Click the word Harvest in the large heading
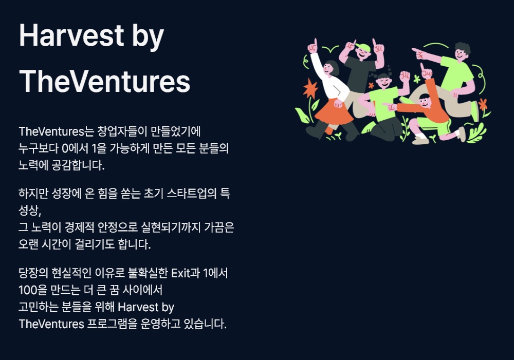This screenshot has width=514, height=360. click(x=71, y=35)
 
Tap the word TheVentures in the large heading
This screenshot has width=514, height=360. click(x=104, y=81)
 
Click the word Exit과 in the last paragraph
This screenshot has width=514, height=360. click(x=186, y=273)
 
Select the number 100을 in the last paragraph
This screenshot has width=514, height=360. click(x=33, y=290)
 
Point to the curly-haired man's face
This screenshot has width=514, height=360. click(x=461, y=54)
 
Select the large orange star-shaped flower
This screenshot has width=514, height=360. click(x=310, y=88)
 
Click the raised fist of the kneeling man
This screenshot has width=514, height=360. click(x=405, y=77)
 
